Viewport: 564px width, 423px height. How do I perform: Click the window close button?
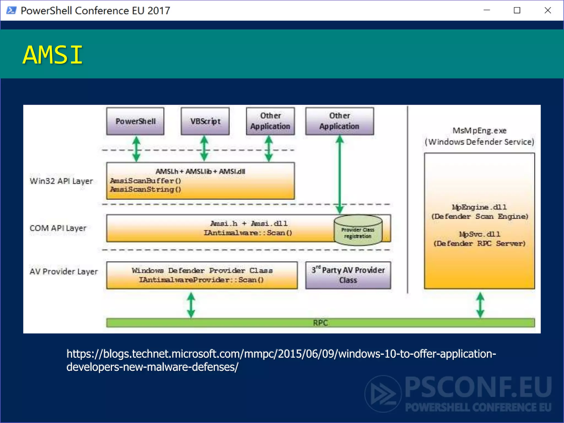[547, 10]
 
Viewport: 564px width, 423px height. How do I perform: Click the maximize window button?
[517, 10]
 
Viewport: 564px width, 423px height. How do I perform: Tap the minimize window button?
[487, 10]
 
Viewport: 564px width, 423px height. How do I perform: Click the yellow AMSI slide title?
[53, 55]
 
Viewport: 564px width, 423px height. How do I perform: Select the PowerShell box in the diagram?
[135, 121]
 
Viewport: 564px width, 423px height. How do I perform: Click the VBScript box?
[205, 121]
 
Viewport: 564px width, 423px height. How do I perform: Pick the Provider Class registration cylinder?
[358, 230]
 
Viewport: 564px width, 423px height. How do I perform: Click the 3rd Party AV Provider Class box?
[348, 275]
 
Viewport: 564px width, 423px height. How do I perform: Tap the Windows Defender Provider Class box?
[202, 275]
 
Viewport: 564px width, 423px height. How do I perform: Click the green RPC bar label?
[320, 323]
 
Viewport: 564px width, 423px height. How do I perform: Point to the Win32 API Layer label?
[61, 181]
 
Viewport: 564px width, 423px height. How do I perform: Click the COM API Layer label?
[58, 228]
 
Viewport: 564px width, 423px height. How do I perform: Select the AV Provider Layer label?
[64, 272]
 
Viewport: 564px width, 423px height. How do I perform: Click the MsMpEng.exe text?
[479, 131]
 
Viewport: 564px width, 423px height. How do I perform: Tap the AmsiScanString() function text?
[145, 189]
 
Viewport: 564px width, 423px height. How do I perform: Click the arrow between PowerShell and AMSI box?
[136, 149]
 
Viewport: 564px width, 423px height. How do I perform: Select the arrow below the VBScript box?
[204, 149]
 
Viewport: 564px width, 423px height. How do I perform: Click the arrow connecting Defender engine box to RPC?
[480, 305]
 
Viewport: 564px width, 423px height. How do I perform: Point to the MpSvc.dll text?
[479, 234]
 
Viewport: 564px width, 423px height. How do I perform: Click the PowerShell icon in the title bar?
[11, 10]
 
